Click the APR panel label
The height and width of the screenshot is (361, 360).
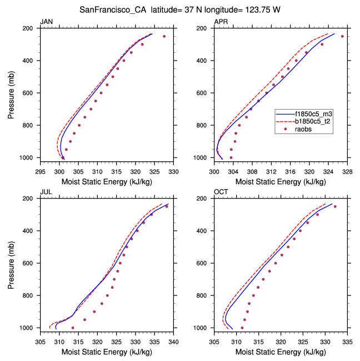point(221,22)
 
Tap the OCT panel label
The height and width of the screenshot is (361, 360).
point(221,192)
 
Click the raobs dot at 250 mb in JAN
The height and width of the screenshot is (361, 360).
point(164,36)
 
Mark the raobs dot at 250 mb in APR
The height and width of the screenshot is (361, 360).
point(342,36)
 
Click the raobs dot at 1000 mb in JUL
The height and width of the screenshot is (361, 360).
point(73,328)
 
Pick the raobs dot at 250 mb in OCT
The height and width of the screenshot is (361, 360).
point(335,206)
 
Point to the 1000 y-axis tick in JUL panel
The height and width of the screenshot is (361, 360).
point(29,328)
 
